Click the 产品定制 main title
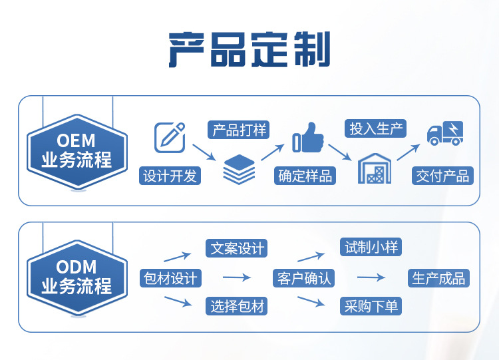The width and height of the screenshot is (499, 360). pos(249,50)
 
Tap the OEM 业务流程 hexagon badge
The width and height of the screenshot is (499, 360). pos(77,151)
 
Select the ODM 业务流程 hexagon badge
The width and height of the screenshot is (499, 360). pos(77,277)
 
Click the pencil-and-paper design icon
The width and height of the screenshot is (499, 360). pos(169,137)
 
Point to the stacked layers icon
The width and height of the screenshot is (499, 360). pos(239,169)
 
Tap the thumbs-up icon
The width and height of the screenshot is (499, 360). pos(308,137)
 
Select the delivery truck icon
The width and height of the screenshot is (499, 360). pos(444,133)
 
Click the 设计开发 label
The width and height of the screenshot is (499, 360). pos(170,176)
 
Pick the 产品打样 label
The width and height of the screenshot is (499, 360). pos(239,130)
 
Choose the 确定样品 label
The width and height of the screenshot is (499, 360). pos(305,176)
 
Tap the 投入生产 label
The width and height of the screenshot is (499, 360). pos(377,128)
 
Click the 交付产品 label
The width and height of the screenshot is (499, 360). pos(442,176)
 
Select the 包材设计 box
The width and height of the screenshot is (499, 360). pos(170,278)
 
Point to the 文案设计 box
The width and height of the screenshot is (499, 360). pos(238,248)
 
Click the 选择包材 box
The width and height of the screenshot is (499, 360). pos(238,306)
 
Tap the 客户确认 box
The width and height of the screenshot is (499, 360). pos(304,278)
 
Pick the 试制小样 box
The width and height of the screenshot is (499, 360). pos(371,248)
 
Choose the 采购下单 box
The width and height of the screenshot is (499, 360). pos(371,306)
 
